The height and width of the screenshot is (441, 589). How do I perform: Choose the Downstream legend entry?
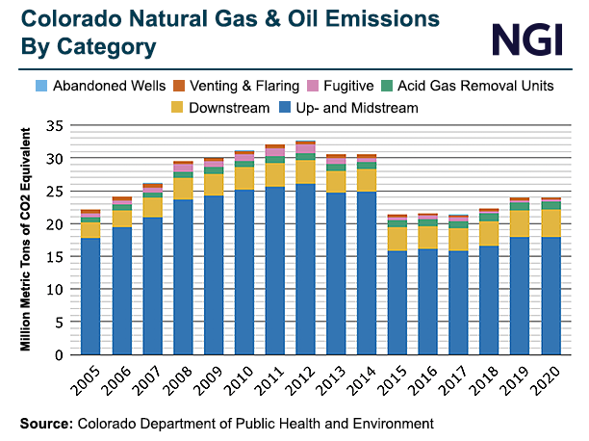pos(225,108)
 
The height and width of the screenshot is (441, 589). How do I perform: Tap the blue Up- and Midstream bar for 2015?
pos(396,302)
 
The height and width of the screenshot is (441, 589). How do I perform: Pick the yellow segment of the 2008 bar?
pos(184,188)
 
